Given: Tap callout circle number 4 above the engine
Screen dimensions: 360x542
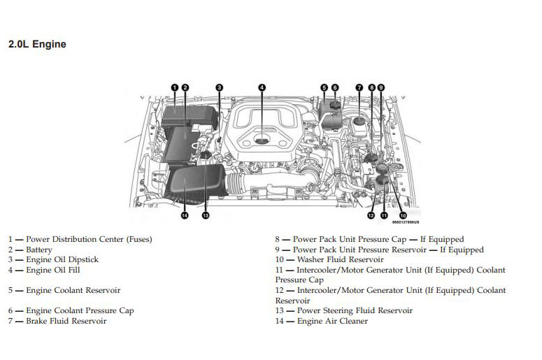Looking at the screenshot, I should click(x=262, y=87).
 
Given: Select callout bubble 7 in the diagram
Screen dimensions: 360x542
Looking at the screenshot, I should click(x=359, y=87).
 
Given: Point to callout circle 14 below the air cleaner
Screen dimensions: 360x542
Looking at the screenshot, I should click(x=185, y=215).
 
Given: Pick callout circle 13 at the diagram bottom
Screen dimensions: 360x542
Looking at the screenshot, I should click(x=205, y=215).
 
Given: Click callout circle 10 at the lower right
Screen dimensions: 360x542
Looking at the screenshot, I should click(x=403, y=215).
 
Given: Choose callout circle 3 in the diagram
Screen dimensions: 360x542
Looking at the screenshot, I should click(x=219, y=87).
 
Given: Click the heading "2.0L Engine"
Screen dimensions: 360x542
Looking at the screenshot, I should click(x=37, y=44).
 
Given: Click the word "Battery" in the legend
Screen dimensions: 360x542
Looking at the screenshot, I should click(x=39, y=250).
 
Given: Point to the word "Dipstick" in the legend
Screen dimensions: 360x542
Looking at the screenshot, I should click(x=83, y=259).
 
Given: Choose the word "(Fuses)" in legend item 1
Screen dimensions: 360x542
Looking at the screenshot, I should click(x=138, y=239).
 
